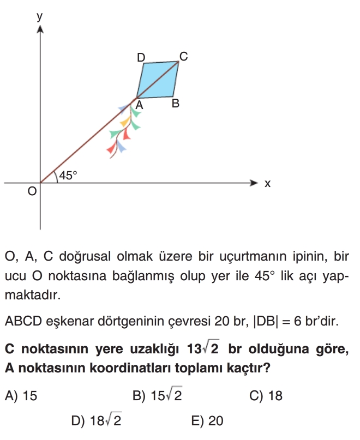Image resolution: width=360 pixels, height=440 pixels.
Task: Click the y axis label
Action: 39,16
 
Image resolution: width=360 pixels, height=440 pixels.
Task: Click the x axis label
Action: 267,184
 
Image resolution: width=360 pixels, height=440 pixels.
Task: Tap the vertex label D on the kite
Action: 141,57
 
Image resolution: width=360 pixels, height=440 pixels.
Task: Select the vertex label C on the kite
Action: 183,56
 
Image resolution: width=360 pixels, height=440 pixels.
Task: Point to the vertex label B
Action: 176,103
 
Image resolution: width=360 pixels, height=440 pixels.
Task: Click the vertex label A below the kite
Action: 139,105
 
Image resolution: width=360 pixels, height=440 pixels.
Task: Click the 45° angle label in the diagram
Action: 68,175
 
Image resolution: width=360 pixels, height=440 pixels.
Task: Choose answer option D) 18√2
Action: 98,421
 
